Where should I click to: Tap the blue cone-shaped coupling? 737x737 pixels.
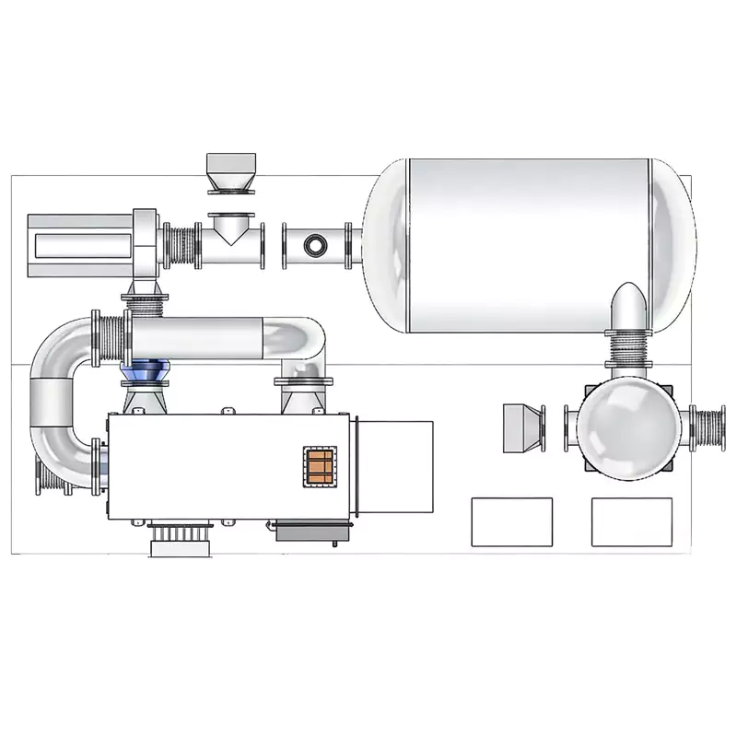pos(141,373)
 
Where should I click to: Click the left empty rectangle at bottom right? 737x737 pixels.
pos(511,522)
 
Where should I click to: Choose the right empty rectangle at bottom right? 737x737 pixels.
pos(632,522)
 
